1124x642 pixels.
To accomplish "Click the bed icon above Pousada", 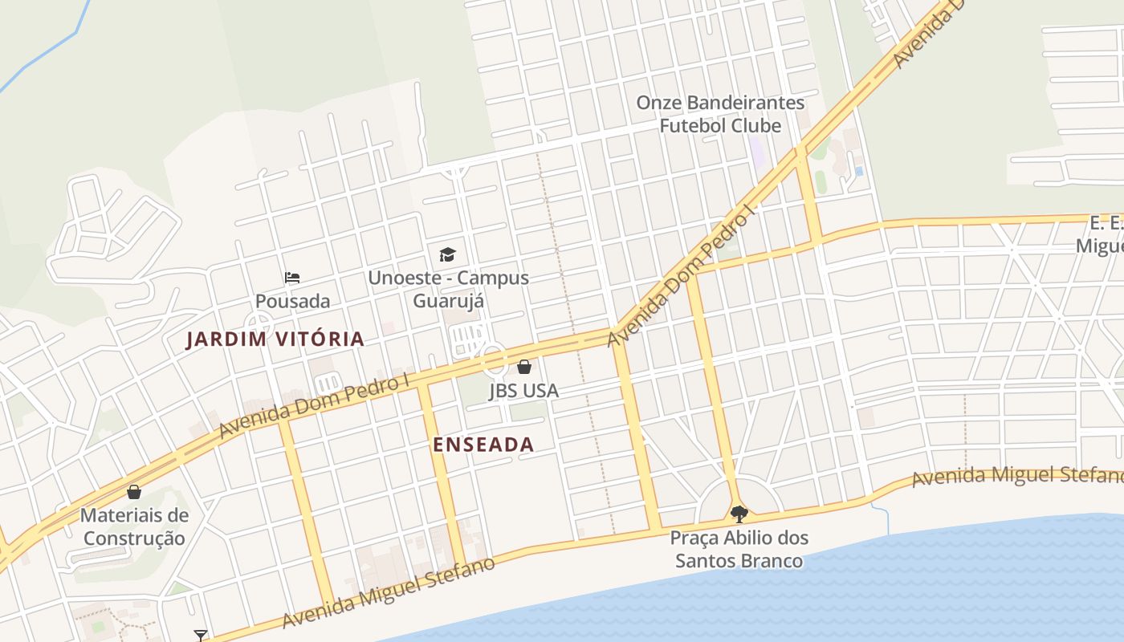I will (292, 278).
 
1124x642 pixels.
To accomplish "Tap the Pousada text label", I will (292, 301).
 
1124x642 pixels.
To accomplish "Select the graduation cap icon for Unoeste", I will (447, 255).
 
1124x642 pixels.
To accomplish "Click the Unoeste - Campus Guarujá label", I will (448, 289).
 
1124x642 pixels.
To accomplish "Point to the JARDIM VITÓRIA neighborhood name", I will (275, 339).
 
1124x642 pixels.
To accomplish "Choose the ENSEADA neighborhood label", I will (483, 445).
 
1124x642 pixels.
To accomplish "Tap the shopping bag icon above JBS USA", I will (524, 367).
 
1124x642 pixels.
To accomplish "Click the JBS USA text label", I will (523, 391).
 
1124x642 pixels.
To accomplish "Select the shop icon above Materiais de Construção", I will (134, 491).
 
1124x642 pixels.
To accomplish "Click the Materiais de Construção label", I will (134, 526).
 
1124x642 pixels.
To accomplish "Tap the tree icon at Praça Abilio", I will (739, 514).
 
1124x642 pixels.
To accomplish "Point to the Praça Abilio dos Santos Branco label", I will (739, 549).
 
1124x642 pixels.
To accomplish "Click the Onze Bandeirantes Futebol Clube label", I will (720, 115).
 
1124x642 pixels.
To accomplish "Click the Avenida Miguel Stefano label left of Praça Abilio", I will (389, 592).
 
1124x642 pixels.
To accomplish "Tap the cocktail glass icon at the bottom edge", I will (201, 636).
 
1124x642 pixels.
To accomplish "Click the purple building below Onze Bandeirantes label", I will (756, 152).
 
